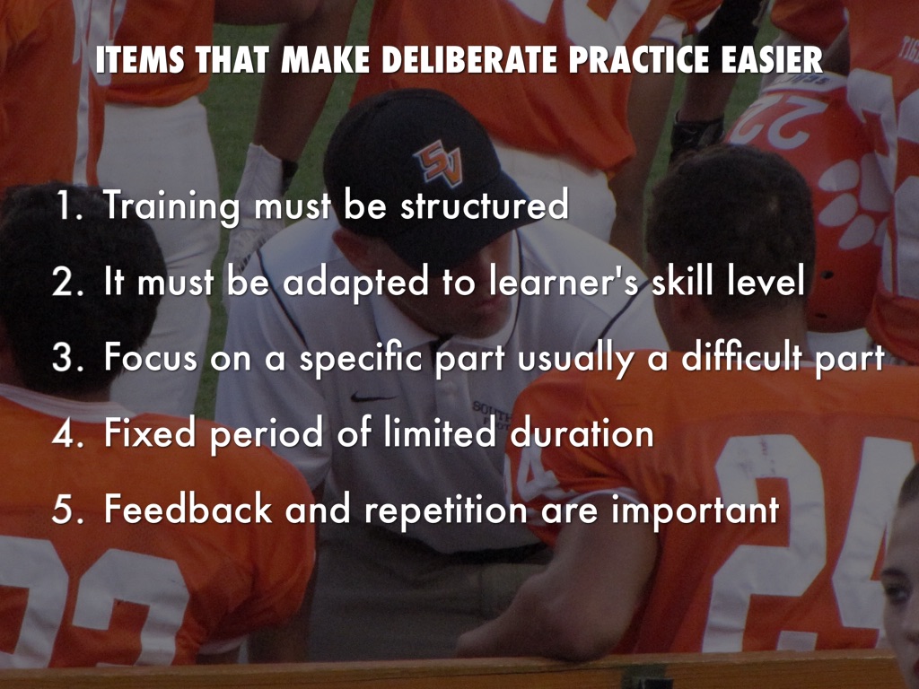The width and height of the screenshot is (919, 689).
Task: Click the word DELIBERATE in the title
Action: pyautogui.click(x=471, y=59)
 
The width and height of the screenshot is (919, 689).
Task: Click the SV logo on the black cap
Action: pyautogui.click(x=438, y=161)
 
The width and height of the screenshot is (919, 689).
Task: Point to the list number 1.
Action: pyautogui.click(x=69, y=205)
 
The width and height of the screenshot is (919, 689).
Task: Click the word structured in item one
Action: pyautogui.click(x=484, y=205)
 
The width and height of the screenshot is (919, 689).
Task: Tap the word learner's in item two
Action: pyautogui.click(x=564, y=281)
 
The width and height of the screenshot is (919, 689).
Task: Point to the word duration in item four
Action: pyautogui.click(x=582, y=433)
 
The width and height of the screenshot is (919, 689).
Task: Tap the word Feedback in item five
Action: pyautogui.click(x=188, y=509)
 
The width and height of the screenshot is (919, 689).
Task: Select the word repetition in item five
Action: pyautogui.click(x=447, y=510)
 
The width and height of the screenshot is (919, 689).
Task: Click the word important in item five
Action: pyautogui.click(x=696, y=510)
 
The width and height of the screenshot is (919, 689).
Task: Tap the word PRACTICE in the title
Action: pyautogui.click(x=639, y=59)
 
